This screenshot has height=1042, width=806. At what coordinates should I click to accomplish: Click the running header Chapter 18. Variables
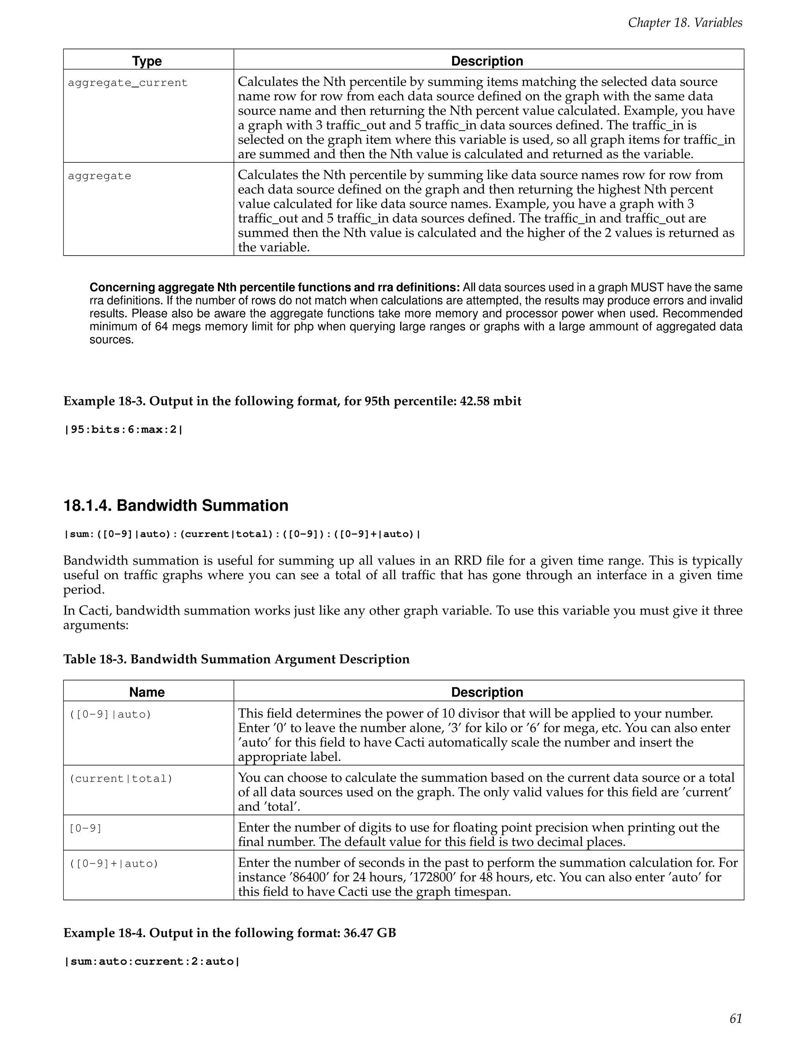pos(685,22)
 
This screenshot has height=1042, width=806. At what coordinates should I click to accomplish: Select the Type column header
pos(147,61)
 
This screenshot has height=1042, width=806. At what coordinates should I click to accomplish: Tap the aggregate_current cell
pos(128,83)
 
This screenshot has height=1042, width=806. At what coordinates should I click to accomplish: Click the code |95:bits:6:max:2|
pos(123,429)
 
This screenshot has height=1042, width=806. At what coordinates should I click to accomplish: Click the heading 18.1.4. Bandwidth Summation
pos(176,506)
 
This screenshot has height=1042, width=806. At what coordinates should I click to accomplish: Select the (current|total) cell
pos(121,779)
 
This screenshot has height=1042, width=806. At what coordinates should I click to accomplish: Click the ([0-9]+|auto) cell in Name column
pos(114,863)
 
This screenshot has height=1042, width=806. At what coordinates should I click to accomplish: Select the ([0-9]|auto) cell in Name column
pos(110,714)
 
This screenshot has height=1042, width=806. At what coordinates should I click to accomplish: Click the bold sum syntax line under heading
pos(242,534)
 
